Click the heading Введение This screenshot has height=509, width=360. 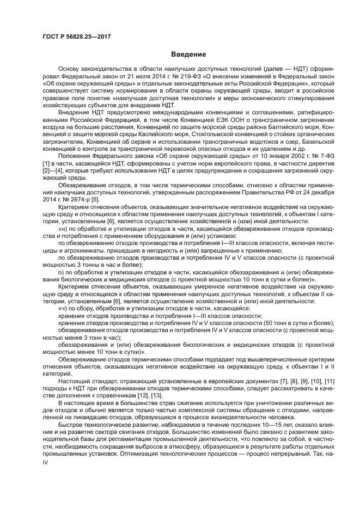(188, 54)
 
